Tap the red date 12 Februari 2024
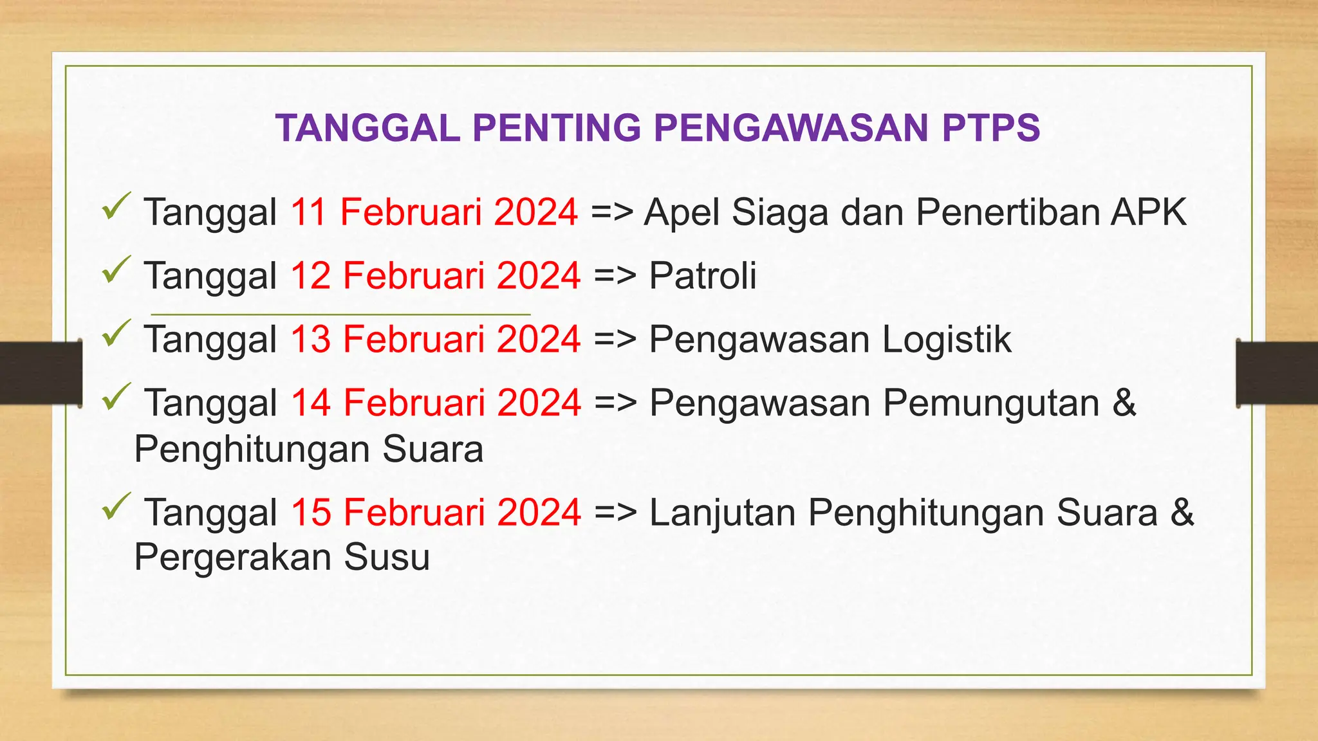coord(436,275)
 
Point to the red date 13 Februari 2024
coord(436,339)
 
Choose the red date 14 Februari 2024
coord(436,403)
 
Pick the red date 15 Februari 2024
coord(436,512)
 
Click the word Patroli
coord(702,275)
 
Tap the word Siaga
coord(780,213)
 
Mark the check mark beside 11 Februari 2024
coord(116,206)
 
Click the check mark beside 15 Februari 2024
coord(116,506)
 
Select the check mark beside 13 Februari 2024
coord(116,333)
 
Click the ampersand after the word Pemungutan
coord(1124,403)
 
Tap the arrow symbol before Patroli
coord(615,277)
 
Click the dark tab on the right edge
coord(1277,373)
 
